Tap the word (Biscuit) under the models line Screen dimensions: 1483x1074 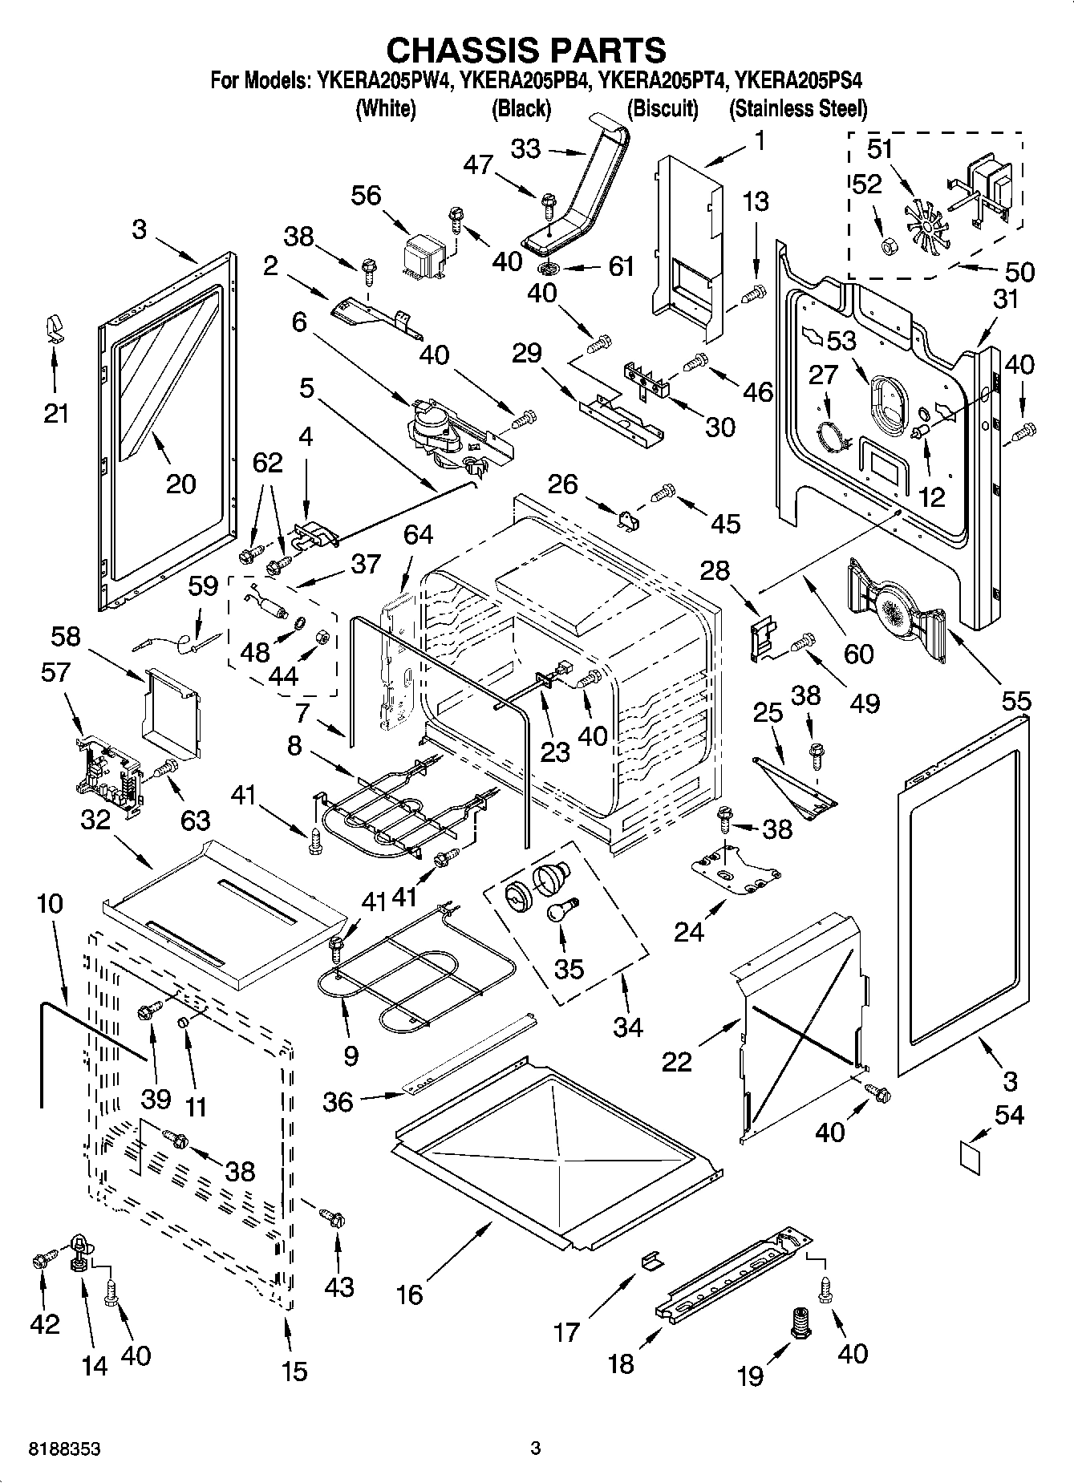click(663, 108)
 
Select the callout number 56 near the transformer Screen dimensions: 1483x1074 click(367, 196)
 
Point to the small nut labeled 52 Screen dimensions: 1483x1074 click(889, 246)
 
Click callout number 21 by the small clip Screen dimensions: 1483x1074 click(55, 414)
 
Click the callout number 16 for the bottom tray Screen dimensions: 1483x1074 click(410, 1294)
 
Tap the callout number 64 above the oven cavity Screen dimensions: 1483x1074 click(418, 534)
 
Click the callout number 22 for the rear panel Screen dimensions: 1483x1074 click(677, 1061)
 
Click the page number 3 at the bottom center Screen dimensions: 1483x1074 click(536, 1449)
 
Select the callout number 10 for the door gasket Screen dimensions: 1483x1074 click(49, 904)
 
